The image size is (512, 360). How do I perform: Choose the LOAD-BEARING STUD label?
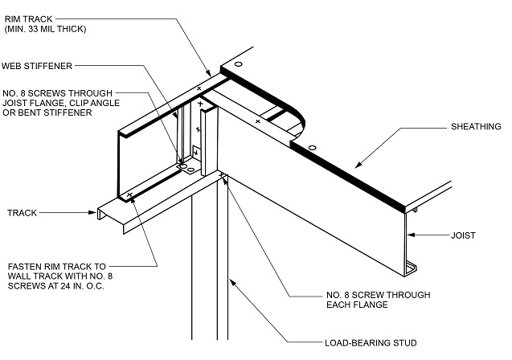tap(373, 342)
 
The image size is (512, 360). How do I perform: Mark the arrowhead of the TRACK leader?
tap(96, 213)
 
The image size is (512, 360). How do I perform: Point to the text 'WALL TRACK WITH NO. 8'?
tap(57, 276)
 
